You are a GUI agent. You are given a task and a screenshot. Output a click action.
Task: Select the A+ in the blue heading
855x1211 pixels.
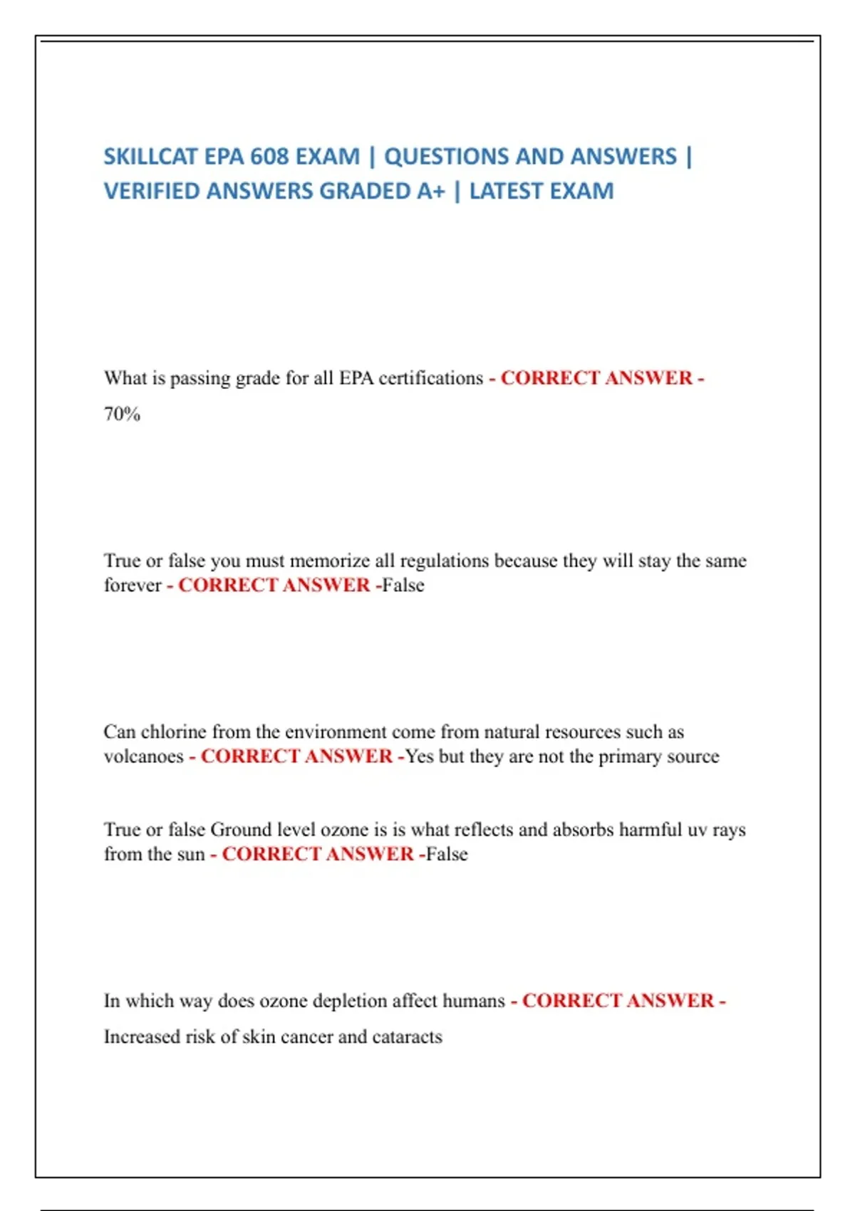pos(430,192)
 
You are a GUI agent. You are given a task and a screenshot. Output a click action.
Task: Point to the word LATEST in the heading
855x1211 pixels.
pos(509,192)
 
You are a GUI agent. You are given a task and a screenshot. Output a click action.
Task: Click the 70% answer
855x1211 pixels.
pos(122,414)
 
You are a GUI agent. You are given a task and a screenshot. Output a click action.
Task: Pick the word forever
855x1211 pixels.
pos(133,586)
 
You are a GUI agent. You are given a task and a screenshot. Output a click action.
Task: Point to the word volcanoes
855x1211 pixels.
pos(143,757)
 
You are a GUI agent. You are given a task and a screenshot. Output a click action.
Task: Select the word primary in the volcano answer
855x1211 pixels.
pos(630,757)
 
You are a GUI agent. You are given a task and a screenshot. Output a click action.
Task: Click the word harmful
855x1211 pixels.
pos(650,830)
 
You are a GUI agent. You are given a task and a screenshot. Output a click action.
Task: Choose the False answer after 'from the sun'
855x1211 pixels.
pos(447,854)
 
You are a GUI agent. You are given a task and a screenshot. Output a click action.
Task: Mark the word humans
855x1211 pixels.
pos(473,1002)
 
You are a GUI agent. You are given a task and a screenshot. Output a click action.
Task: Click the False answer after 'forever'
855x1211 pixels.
pos(403,586)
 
